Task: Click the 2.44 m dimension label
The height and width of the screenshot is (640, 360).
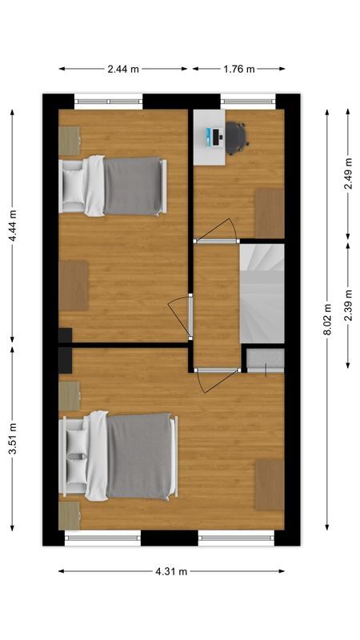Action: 123,69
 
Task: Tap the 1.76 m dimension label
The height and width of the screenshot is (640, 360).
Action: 238,69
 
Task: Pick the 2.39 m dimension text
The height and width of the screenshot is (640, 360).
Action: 348,305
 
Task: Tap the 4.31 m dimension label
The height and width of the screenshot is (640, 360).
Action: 171,571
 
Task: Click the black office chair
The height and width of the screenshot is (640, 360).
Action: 236,137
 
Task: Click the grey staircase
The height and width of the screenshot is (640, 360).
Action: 262,293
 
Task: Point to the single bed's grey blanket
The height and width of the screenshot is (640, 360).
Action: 132,186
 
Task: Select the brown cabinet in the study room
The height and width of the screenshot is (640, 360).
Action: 270,213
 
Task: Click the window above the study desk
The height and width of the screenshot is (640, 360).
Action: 248,102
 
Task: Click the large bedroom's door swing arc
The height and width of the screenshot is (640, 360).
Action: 214,381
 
